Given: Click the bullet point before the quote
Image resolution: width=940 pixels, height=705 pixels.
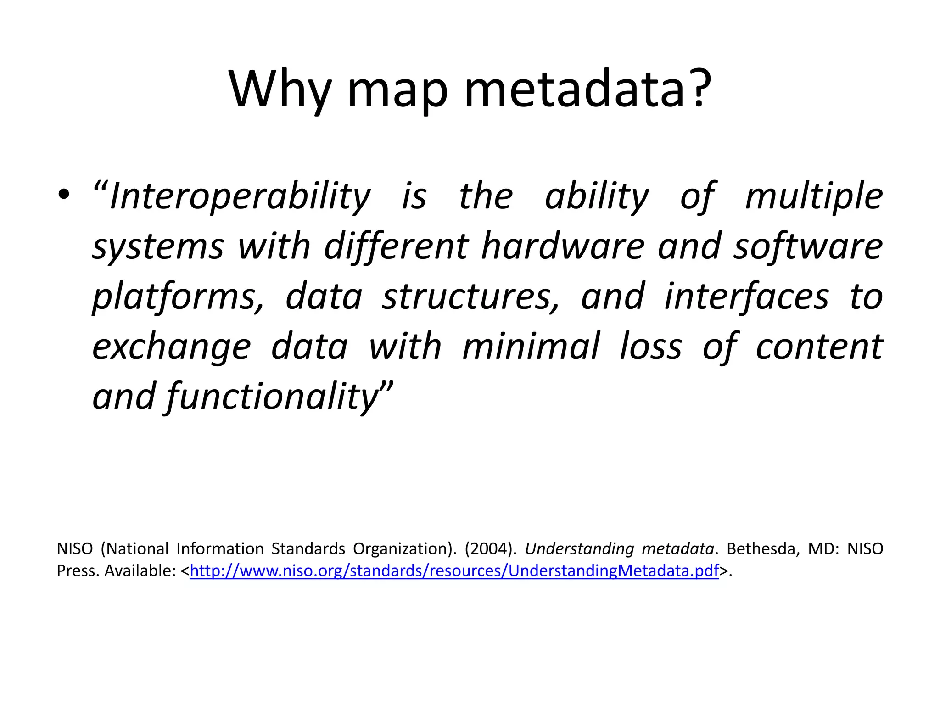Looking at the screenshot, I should pos(64,195).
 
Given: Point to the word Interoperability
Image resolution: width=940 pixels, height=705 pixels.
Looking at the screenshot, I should pos(240,196).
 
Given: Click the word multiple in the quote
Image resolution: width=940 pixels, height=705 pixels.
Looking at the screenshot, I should pos(814,196).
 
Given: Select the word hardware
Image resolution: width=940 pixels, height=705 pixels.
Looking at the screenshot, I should pos(563,246).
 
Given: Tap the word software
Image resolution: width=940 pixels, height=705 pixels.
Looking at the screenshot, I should pos(808,246).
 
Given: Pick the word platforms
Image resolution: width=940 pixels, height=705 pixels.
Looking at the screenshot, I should pos(178,297).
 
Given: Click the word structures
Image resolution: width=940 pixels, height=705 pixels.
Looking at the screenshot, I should pos(471,297).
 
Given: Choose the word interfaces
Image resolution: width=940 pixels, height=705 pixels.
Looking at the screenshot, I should pos(747,297).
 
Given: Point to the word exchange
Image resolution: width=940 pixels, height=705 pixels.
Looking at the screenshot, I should pos(172,347).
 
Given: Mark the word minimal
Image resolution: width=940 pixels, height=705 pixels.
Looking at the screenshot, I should pos(531,346).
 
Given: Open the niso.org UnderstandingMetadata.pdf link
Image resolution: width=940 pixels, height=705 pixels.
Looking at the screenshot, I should pos(454,571).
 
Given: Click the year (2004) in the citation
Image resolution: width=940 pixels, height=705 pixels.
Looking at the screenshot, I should pos(490,548).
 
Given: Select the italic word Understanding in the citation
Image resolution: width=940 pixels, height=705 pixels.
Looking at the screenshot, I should pos(579,549).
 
